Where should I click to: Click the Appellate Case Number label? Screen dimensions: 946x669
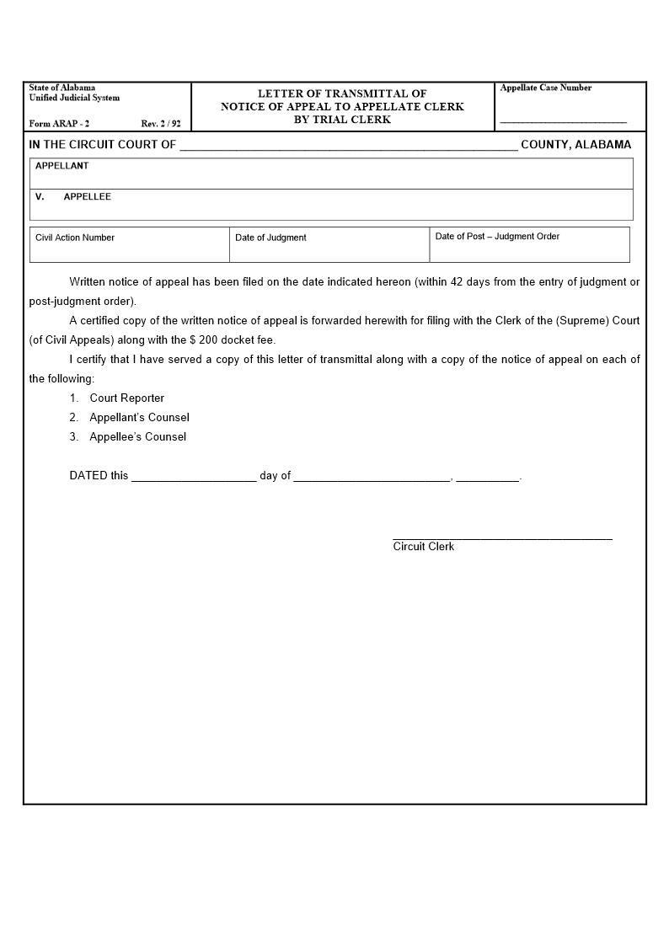545,88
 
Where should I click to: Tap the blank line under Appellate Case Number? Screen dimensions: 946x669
563,122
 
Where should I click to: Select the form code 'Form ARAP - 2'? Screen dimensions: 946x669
59,124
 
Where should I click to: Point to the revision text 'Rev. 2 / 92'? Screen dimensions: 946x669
161,124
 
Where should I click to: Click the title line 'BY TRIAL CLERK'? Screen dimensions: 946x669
342,120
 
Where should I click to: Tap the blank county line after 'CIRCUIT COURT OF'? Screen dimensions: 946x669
348,146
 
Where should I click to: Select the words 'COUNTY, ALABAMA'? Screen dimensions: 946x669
575,145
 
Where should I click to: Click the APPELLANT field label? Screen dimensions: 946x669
62,166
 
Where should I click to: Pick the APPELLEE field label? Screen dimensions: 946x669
87,197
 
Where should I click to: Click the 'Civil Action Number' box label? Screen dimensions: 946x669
75,238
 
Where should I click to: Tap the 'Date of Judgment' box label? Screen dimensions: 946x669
270,238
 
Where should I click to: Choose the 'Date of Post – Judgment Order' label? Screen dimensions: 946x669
497,237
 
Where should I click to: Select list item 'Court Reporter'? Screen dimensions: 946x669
126,398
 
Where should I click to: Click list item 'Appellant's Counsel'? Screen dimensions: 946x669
139,418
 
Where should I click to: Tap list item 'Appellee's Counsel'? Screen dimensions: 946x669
137,437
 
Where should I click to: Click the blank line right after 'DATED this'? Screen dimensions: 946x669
194,477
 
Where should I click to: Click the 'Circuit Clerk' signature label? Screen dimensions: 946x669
423,547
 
